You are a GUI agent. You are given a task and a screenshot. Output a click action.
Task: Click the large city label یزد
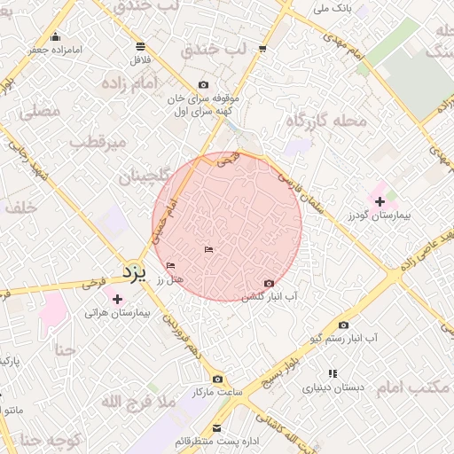coord(132,270)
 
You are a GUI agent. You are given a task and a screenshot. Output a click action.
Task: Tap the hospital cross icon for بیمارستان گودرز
coord(380,202)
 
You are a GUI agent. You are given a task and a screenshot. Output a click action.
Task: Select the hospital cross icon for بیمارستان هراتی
coord(117,299)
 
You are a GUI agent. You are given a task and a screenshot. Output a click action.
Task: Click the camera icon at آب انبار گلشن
coord(270,283)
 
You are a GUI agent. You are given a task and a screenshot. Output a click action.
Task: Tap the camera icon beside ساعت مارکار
coord(218,379)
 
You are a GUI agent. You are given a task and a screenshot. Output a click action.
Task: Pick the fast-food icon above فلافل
coord(141,46)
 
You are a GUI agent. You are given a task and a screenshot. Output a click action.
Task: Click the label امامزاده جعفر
coord(52,50)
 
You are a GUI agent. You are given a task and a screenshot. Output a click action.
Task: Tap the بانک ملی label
coord(333,10)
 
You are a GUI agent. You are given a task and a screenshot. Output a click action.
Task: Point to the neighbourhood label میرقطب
coord(99,142)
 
